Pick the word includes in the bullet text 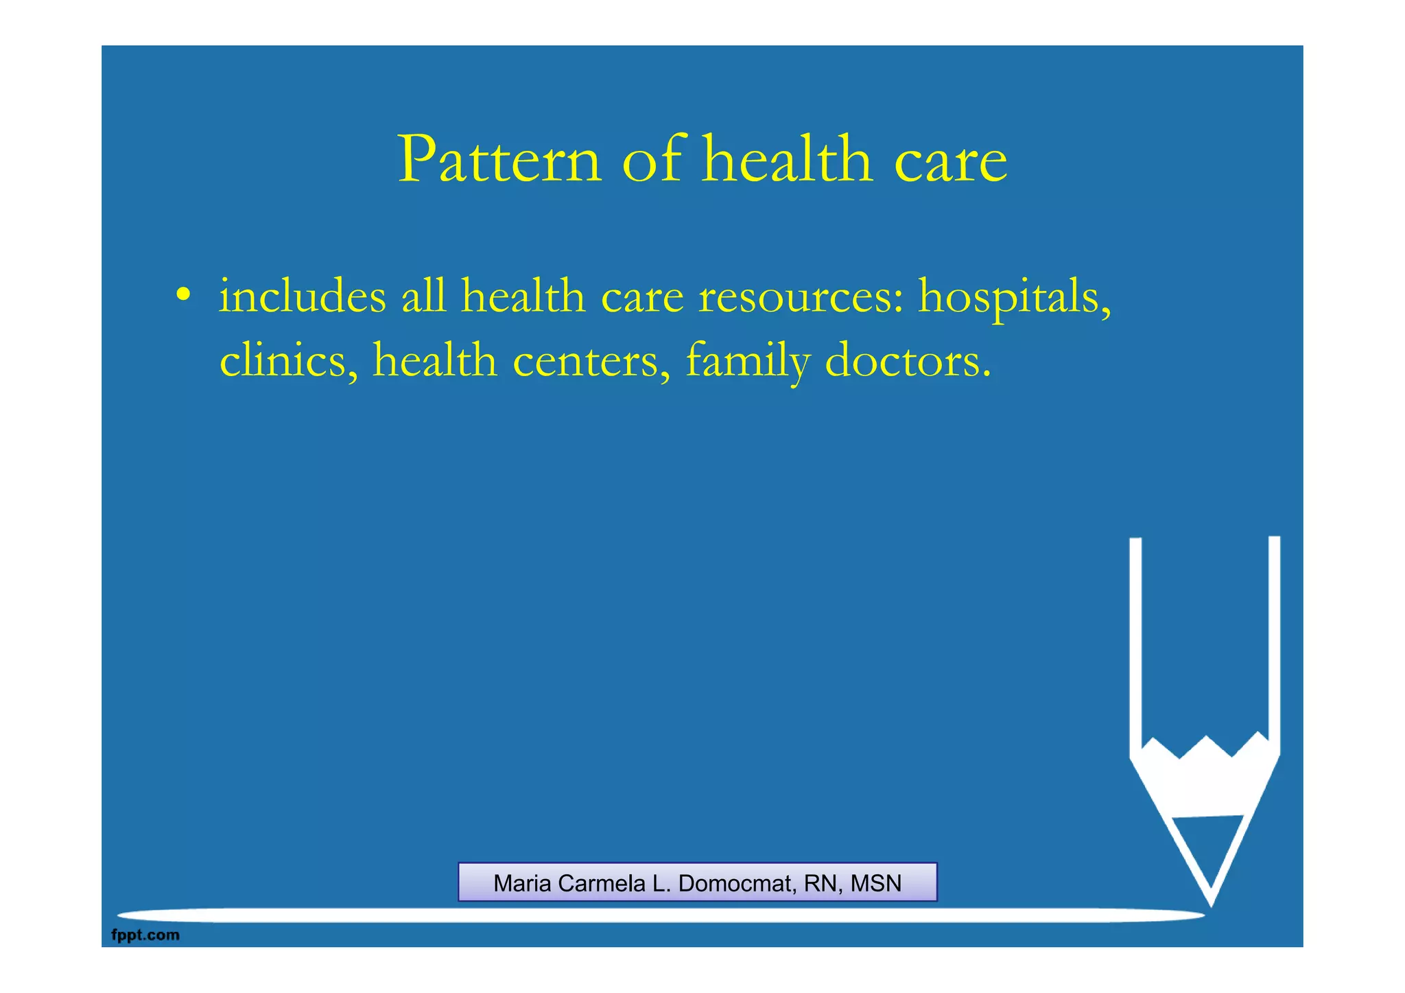coord(303,296)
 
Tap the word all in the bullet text coord(423,296)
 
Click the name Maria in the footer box coord(523,883)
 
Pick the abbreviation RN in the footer coord(820,883)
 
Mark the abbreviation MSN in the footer coord(876,883)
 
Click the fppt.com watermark coord(145,935)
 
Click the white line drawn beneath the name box coord(659,915)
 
